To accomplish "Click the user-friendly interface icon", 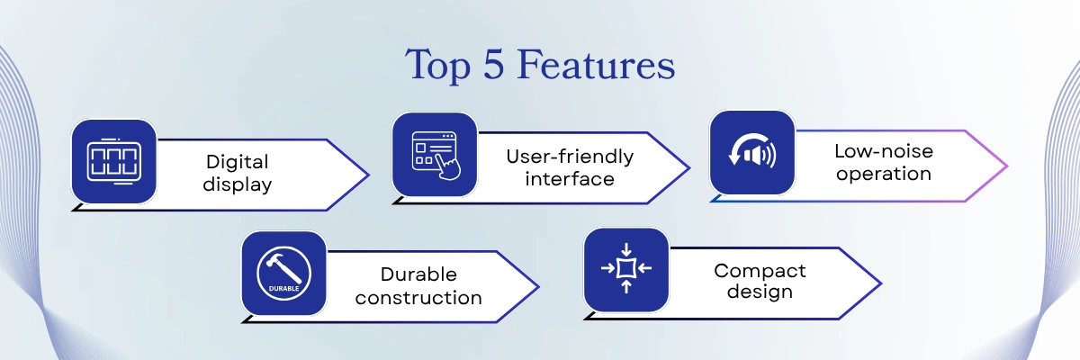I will (434, 154).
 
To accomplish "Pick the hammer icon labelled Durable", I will (283, 273).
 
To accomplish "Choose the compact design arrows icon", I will (625, 268).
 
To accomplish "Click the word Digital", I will (238, 163).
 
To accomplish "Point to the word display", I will (238, 184).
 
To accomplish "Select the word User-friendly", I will (570, 157).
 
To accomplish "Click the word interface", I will (570, 178).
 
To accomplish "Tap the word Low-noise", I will (883, 151).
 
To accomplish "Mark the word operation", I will (883, 174).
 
